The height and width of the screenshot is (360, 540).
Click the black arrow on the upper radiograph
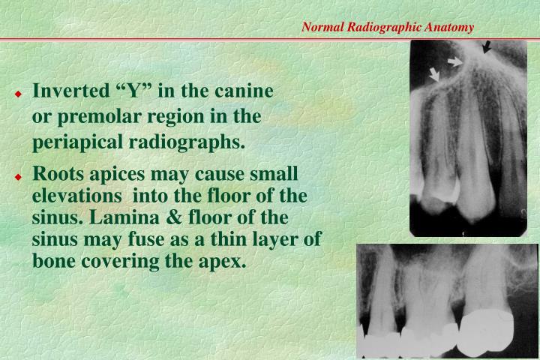pos(487,48)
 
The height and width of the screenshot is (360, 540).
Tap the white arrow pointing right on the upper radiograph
pos(454,60)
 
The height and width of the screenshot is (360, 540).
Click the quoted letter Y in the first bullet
pos(135,92)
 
